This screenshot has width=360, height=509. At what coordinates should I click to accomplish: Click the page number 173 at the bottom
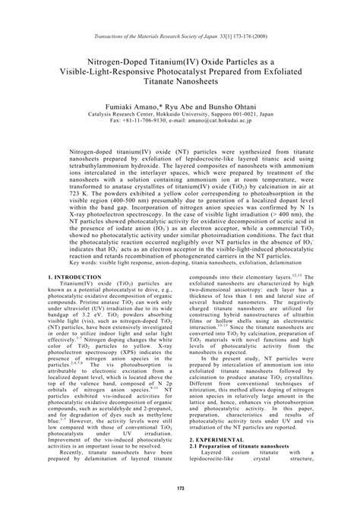179,487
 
